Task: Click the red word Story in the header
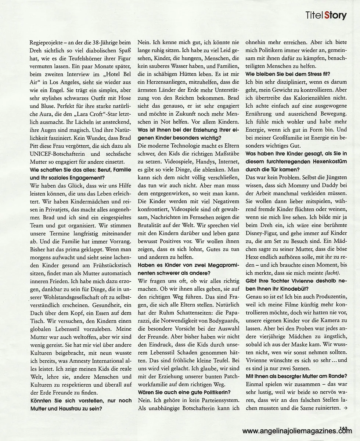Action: pos(335,16)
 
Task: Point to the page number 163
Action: pos(343,427)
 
